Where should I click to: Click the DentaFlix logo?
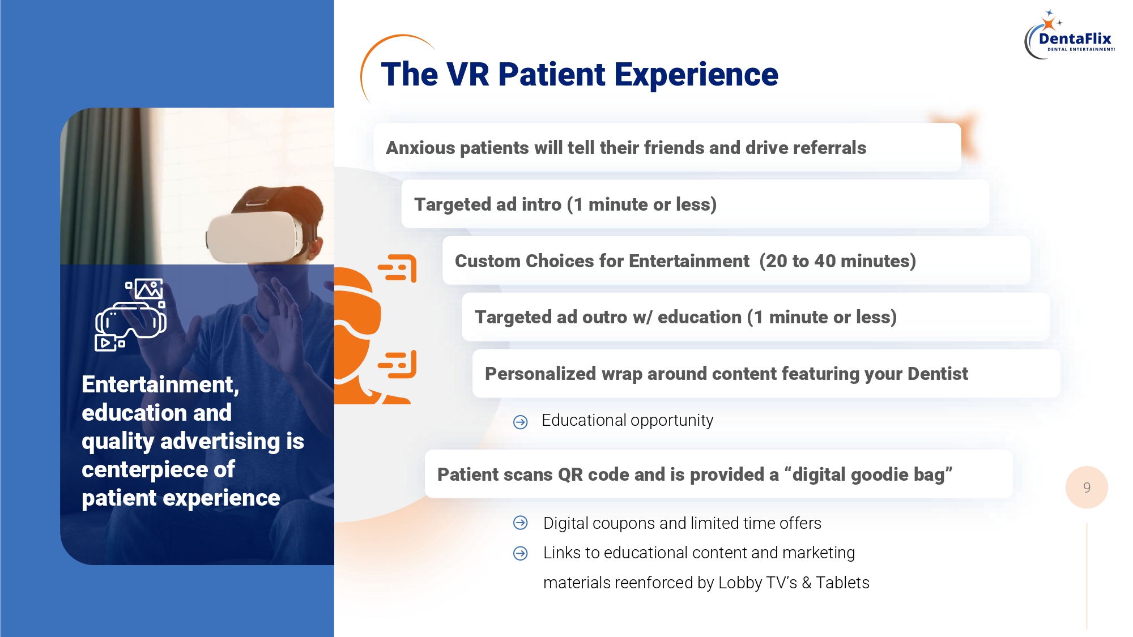coord(1070,35)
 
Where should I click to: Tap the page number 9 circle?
coord(1087,488)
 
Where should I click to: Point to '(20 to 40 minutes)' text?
coord(838,261)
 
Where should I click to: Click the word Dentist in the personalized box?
coord(938,374)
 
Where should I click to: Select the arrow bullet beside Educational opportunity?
coord(520,422)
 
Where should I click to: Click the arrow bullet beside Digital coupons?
coord(520,523)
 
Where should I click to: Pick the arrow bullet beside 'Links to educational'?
coord(520,553)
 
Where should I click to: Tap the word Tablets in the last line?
coord(843,583)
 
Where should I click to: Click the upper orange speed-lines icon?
coord(398,268)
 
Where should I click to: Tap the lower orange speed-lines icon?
coord(398,364)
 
